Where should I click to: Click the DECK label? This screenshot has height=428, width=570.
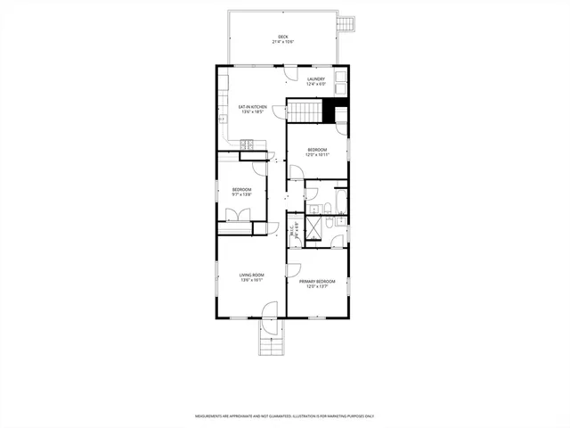pyautogui.click(x=282, y=37)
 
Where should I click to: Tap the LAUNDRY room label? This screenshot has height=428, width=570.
pyautogui.click(x=316, y=79)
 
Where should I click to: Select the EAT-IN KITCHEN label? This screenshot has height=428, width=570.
pyautogui.click(x=252, y=108)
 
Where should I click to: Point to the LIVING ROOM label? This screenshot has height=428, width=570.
pyautogui.click(x=252, y=275)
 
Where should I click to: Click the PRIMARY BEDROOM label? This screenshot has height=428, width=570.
pyautogui.click(x=317, y=282)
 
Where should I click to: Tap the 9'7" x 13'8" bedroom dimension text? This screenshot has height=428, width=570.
pyautogui.click(x=242, y=194)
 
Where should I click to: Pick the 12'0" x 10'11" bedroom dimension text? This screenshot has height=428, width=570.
pyautogui.click(x=318, y=154)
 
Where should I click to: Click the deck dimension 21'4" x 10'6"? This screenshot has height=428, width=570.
pyautogui.click(x=282, y=43)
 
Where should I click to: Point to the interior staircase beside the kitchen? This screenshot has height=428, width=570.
pyautogui.click(x=304, y=112)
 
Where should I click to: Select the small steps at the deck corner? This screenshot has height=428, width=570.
pyautogui.click(x=348, y=21)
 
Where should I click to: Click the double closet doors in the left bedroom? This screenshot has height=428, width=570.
pyautogui.click(x=238, y=214)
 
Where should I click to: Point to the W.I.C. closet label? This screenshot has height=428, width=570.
pyautogui.click(x=294, y=231)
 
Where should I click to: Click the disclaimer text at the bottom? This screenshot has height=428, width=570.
pyautogui.click(x=285, y=416)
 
